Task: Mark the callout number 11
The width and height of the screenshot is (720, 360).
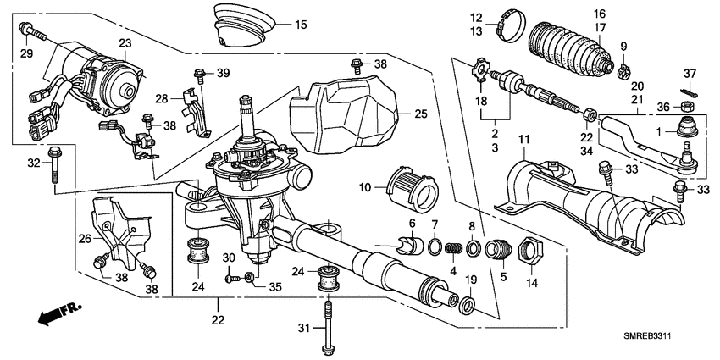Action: pos(523,138)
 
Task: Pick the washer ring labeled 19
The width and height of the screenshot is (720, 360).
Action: pos(467,303)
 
